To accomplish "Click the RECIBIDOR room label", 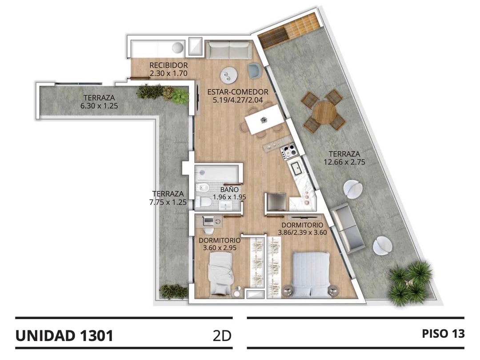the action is coord(168,65).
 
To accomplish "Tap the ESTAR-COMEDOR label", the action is coord(237,92).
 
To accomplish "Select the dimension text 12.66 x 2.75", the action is coord(344,162).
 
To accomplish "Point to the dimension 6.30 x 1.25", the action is coord(99,106).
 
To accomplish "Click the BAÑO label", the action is coord(229,189).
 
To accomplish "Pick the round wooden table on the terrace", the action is coord(325,112).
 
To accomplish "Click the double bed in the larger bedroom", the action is coord(311,274).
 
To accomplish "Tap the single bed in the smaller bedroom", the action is coord(221,274).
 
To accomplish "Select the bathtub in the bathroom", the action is coord(217,173).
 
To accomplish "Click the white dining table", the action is coord(263,120).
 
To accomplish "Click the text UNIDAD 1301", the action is coord(64,336).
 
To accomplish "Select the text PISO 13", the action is coord(443,334).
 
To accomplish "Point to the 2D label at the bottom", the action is coord(222,336).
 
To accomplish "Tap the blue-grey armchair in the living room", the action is coord(254,70).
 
